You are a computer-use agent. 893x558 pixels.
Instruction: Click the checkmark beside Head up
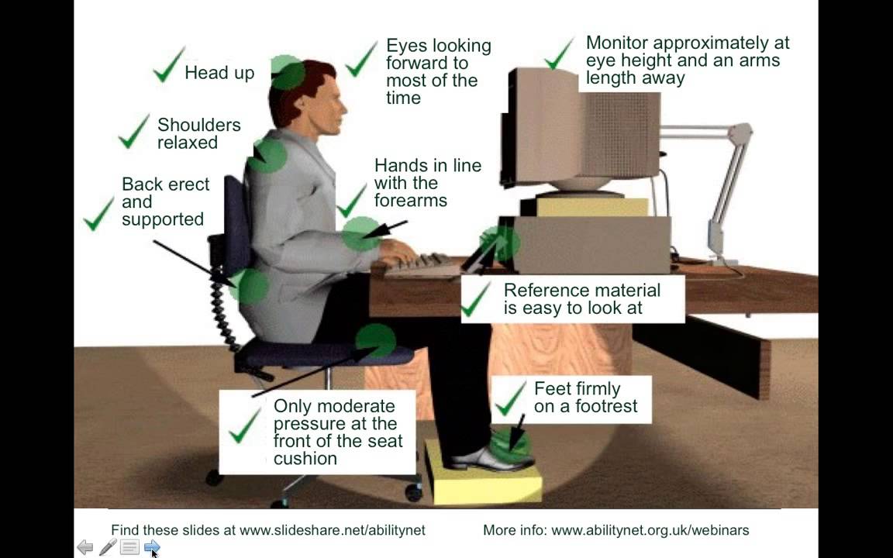(167, 65)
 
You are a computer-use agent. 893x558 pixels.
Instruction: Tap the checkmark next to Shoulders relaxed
(133, 132)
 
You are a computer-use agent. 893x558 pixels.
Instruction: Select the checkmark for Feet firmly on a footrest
(510, 398)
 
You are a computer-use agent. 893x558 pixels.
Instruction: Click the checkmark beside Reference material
(476, 301)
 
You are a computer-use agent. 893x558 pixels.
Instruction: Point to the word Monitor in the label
(619, 43)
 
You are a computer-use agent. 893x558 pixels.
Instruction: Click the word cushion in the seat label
(305, 459)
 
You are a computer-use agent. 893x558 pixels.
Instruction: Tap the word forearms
(410, 201)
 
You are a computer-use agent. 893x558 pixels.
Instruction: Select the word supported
(163, 220)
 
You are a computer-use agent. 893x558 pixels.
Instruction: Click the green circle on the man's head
(288, 73)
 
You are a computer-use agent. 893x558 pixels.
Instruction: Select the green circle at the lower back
(250, 287)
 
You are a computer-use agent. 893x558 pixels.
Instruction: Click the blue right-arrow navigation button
(152, 548)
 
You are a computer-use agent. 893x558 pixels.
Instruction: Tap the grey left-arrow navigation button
(85, 548)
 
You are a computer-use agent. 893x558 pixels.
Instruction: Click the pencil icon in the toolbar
(108, 548)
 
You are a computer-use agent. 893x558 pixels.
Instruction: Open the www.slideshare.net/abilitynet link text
(333, 531)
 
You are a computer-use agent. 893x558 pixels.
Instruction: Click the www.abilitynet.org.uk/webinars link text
(650, 531)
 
